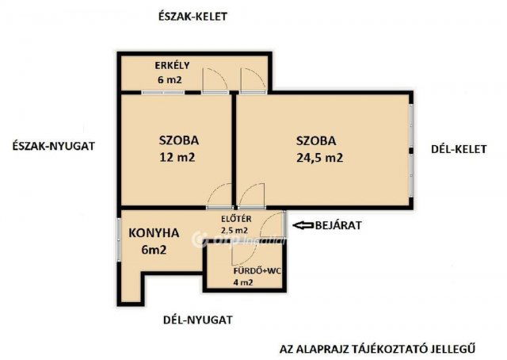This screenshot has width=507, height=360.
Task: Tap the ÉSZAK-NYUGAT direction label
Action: (55, 146)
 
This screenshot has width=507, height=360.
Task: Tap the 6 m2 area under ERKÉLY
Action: (170, 80)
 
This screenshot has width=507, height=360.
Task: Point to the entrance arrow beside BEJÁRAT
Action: (302, 226)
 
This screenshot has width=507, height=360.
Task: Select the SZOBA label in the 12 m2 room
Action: (178, 140)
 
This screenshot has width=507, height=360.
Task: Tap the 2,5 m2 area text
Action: (235, 231)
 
